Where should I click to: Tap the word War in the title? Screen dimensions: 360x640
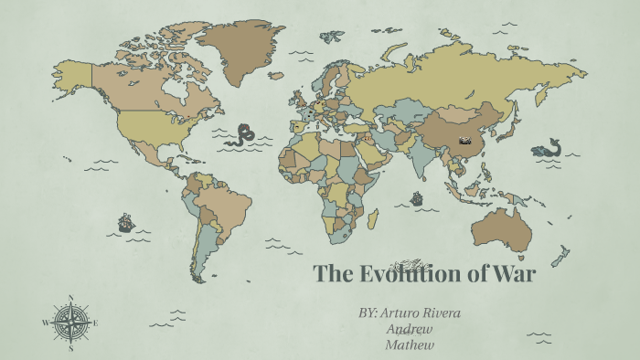pos(517,273)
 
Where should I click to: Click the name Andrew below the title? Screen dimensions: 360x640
pos(409,329)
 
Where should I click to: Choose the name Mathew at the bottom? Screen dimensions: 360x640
pos(409,344)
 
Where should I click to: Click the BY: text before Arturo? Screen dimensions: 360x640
pos(368,313)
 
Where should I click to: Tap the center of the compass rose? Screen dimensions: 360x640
pos(69,323)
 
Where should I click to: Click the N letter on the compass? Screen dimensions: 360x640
pos(69,298)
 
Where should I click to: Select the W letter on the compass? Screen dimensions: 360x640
pos(45,323)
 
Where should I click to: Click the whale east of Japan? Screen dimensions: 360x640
pos(547,148)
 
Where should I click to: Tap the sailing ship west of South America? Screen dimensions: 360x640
pos(125,222)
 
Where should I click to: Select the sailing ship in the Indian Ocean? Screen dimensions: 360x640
pos(417,197)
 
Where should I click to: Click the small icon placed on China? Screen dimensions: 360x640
pos(466,141)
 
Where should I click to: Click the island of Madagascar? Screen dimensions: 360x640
pos(373,218)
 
